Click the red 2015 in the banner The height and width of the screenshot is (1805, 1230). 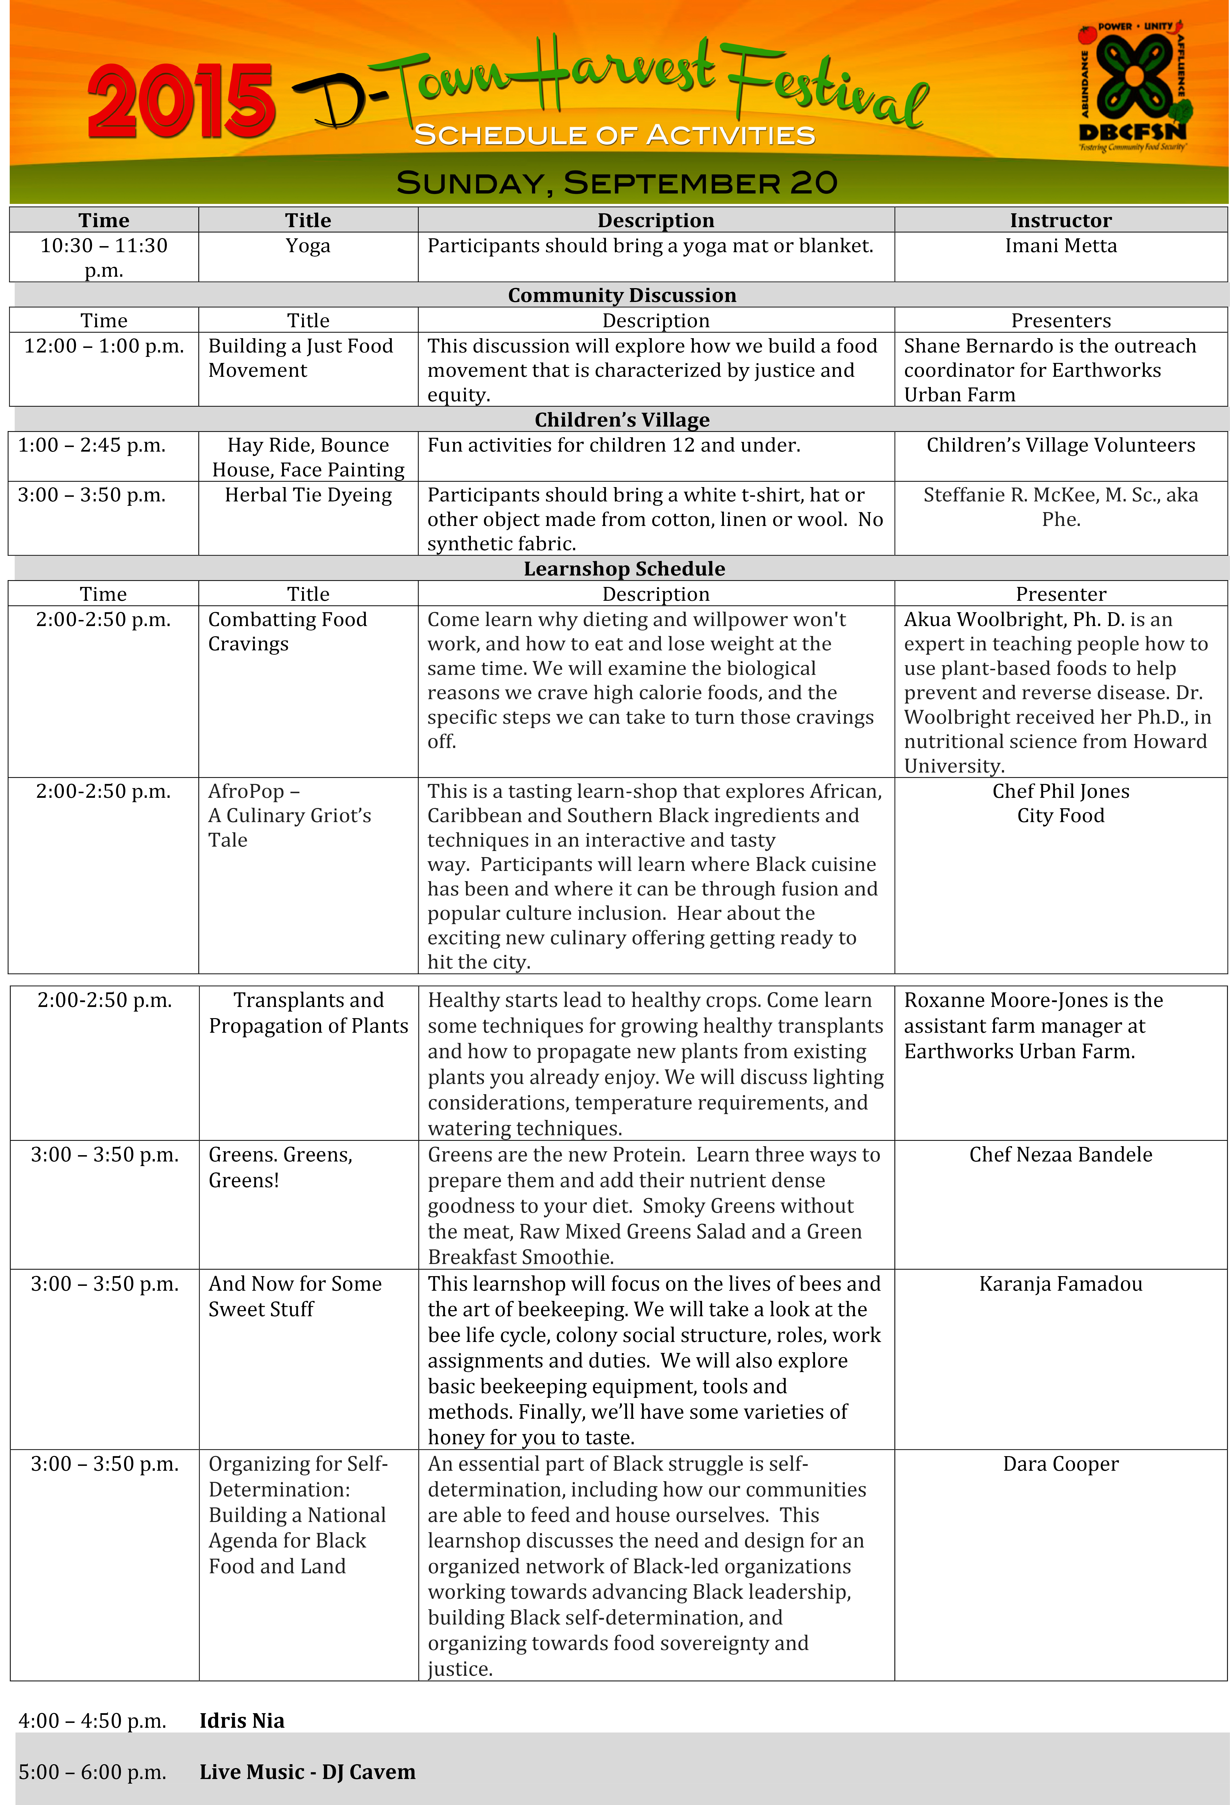181,101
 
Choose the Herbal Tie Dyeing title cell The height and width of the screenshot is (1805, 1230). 308,496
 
